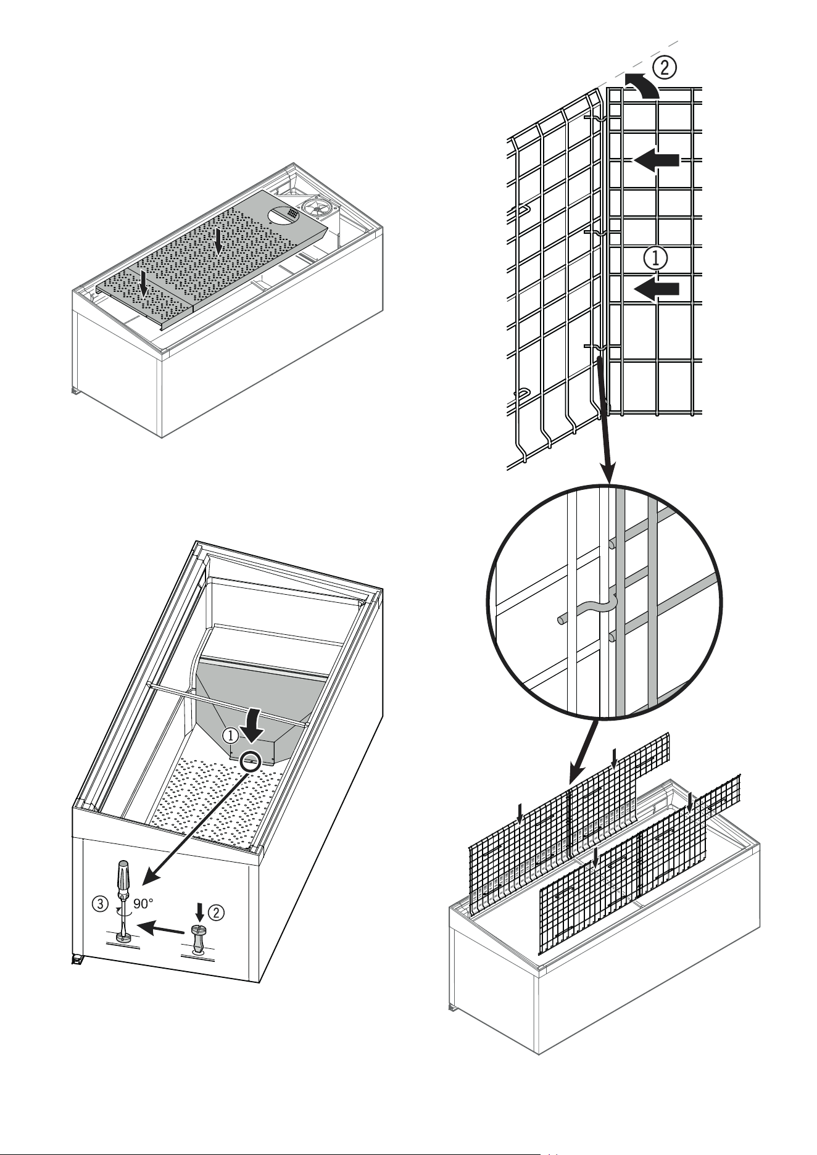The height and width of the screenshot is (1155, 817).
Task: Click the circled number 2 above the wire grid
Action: [664, 67]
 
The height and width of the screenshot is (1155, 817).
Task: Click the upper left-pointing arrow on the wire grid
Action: [657, 160]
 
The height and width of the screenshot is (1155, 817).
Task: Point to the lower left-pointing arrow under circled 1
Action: [657, 289]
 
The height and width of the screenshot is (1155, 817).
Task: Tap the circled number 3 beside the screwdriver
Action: [101, 905]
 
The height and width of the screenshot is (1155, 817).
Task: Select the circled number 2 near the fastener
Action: [215, 911]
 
